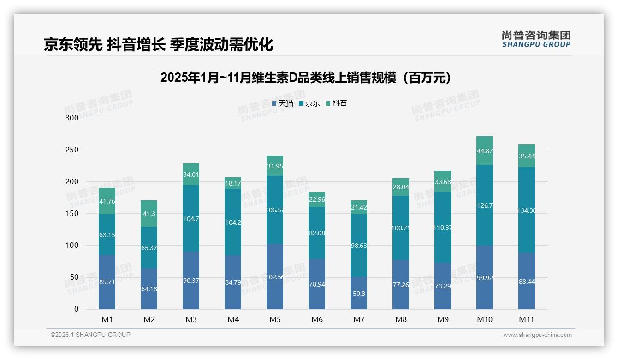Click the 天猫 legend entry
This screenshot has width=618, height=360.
282,103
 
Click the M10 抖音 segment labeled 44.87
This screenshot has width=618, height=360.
485,150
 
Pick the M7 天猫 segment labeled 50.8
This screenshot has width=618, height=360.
359,293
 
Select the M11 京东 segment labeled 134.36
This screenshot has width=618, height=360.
527,210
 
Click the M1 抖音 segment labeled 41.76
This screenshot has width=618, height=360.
107,201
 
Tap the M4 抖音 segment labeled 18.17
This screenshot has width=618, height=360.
233,183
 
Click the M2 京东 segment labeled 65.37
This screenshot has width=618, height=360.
149,248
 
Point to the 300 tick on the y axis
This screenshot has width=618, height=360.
72,118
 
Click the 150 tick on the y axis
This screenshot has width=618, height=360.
72,214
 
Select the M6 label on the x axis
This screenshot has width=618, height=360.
317,319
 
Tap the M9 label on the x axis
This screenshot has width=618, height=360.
443,319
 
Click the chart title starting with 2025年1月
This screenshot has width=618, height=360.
305,78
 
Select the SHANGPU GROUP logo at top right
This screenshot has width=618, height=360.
536,39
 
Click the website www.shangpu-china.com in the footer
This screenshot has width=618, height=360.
537,335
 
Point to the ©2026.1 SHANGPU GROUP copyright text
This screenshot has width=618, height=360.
90,335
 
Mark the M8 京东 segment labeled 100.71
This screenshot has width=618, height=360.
401,228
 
